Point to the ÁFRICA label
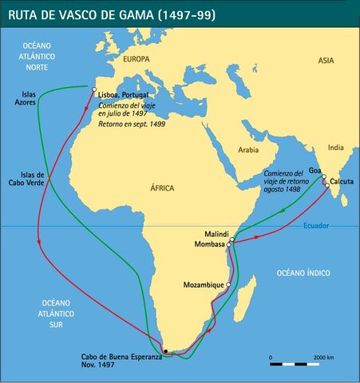pos(161,189)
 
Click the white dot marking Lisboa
pos(95,89)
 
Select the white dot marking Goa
pos(324,176)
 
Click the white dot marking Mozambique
pos(228,284)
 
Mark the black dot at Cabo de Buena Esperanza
pos(165,350)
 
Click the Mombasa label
pos(208,245)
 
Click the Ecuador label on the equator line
pos(315,225)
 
